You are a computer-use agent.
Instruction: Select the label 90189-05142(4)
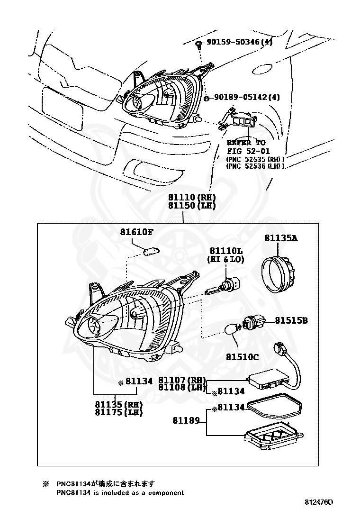pyautogui.click(x=247, y=97)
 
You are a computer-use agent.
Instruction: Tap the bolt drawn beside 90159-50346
pyautogui.click(x=199, y=44)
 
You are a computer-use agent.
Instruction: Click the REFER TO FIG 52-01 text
pyautogui.click(x=246, y=146)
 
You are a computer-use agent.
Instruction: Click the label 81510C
pyautogui.click(x=242, y=356)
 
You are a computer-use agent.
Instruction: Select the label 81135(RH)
pyautogui.click(x=118, y=404)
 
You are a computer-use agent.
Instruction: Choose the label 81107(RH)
pyautogui.click(x=182, y=380)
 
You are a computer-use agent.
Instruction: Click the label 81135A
pyautogui.click(x=281, y=238)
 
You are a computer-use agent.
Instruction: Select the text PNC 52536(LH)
pyautogui.click(x=255, y=166)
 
